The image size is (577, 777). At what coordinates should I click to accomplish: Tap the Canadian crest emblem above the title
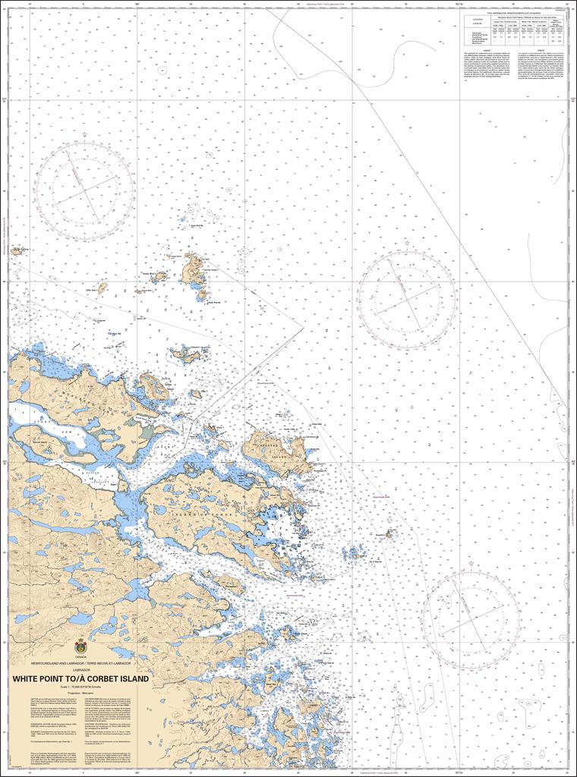click(80, 647)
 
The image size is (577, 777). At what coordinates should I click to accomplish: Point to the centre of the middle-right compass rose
click(407, 297)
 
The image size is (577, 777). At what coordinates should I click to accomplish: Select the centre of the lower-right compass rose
click(471, 620)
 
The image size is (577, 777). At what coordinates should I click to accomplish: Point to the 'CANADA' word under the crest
click(80, 659)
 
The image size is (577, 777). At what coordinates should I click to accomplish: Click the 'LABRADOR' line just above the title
click(80, 671)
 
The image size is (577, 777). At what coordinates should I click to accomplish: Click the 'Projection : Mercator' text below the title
click(80, 693)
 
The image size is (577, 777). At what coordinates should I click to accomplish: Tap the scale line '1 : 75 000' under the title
click(80, 686)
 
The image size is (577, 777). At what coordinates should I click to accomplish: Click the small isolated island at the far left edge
click(15, 250)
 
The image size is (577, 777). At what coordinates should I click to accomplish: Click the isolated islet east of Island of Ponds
click(389, 534)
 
